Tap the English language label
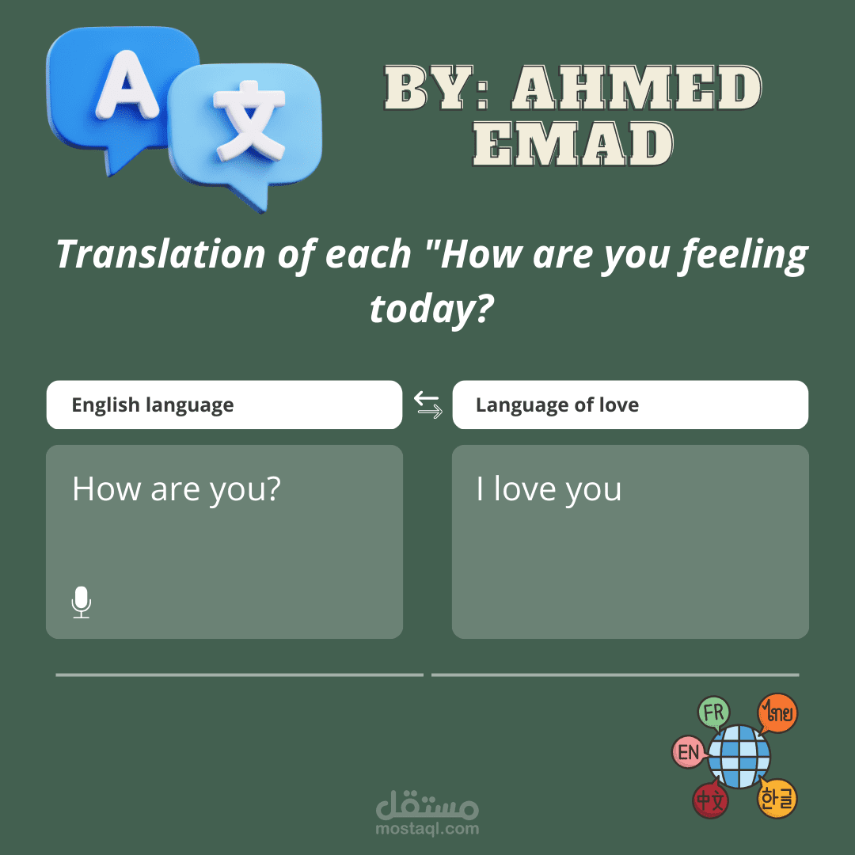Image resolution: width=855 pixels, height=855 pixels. [x=153, y=405]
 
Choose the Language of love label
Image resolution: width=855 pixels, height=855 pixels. [x=557, y=405]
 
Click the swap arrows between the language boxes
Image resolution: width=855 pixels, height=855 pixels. [x=428, y=405]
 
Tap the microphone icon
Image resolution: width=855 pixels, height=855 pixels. [x=81, y=602]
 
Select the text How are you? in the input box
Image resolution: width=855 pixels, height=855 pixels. [x=177, y=489]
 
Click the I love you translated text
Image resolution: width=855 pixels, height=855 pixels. [x=549, y=489]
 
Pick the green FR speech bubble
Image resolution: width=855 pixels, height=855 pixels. [x=713, y=712]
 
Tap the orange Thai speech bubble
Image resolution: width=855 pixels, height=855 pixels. [x=777, y=713]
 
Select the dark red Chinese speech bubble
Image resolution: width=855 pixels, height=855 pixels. [x=710, y=800]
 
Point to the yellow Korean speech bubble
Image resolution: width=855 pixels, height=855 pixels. [x=777, y=799]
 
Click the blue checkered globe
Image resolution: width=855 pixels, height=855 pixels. [x=739, y=755]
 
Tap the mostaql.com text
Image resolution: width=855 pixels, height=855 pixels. [x=427, y=829]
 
